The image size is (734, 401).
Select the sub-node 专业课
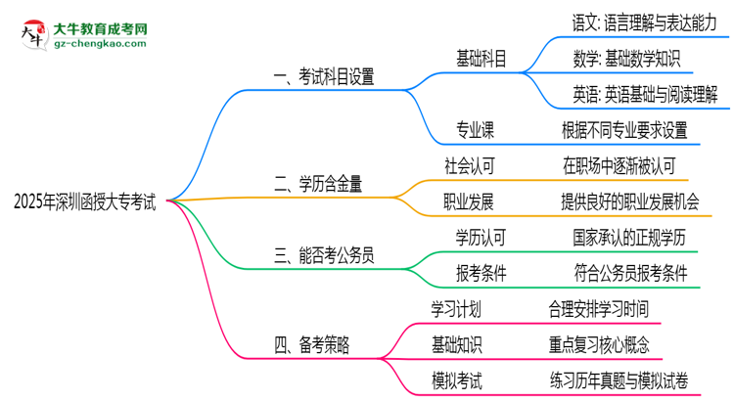pos(474,129)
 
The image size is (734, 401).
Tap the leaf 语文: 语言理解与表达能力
pos(644,22)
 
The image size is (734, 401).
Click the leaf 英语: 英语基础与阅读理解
pos(645,94)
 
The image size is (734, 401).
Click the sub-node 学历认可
pos(480,237)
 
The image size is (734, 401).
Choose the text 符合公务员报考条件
pos(637,273)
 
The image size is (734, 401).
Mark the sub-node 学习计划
pos(456,309)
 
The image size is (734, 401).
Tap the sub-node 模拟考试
pos(456,380)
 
